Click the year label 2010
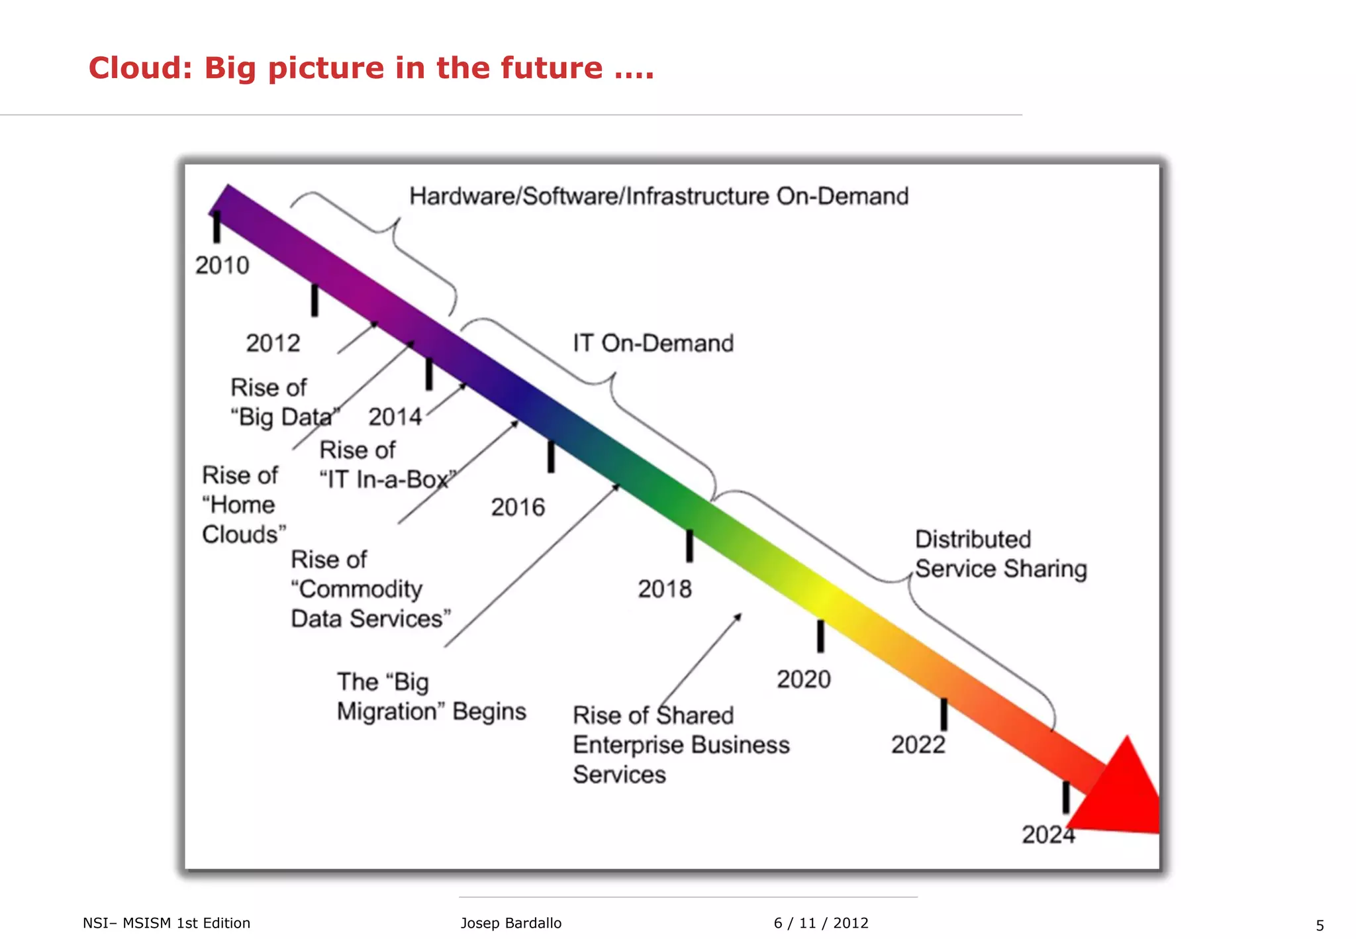[x=222, y=266]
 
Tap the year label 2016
[x=518, y=507]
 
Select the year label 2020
[x=803, y=679]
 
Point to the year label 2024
[x=1047, y=834]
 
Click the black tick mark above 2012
[x=315, y=300]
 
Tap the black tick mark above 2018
[x=689, y=546]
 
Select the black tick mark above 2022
[x=944, y=714]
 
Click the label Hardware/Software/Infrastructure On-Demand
[x=659, y=197]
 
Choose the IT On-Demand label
[x=653, y=343]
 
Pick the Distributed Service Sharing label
[x=1000, y=554]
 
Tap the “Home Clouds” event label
[x=244, y=505]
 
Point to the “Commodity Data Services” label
[x=370, y=589]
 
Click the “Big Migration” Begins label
[x=431, y=697]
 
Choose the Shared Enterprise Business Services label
[x=681, y=745]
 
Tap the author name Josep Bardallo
[x=510, y=923]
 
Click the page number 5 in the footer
[x=1320, y=925]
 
